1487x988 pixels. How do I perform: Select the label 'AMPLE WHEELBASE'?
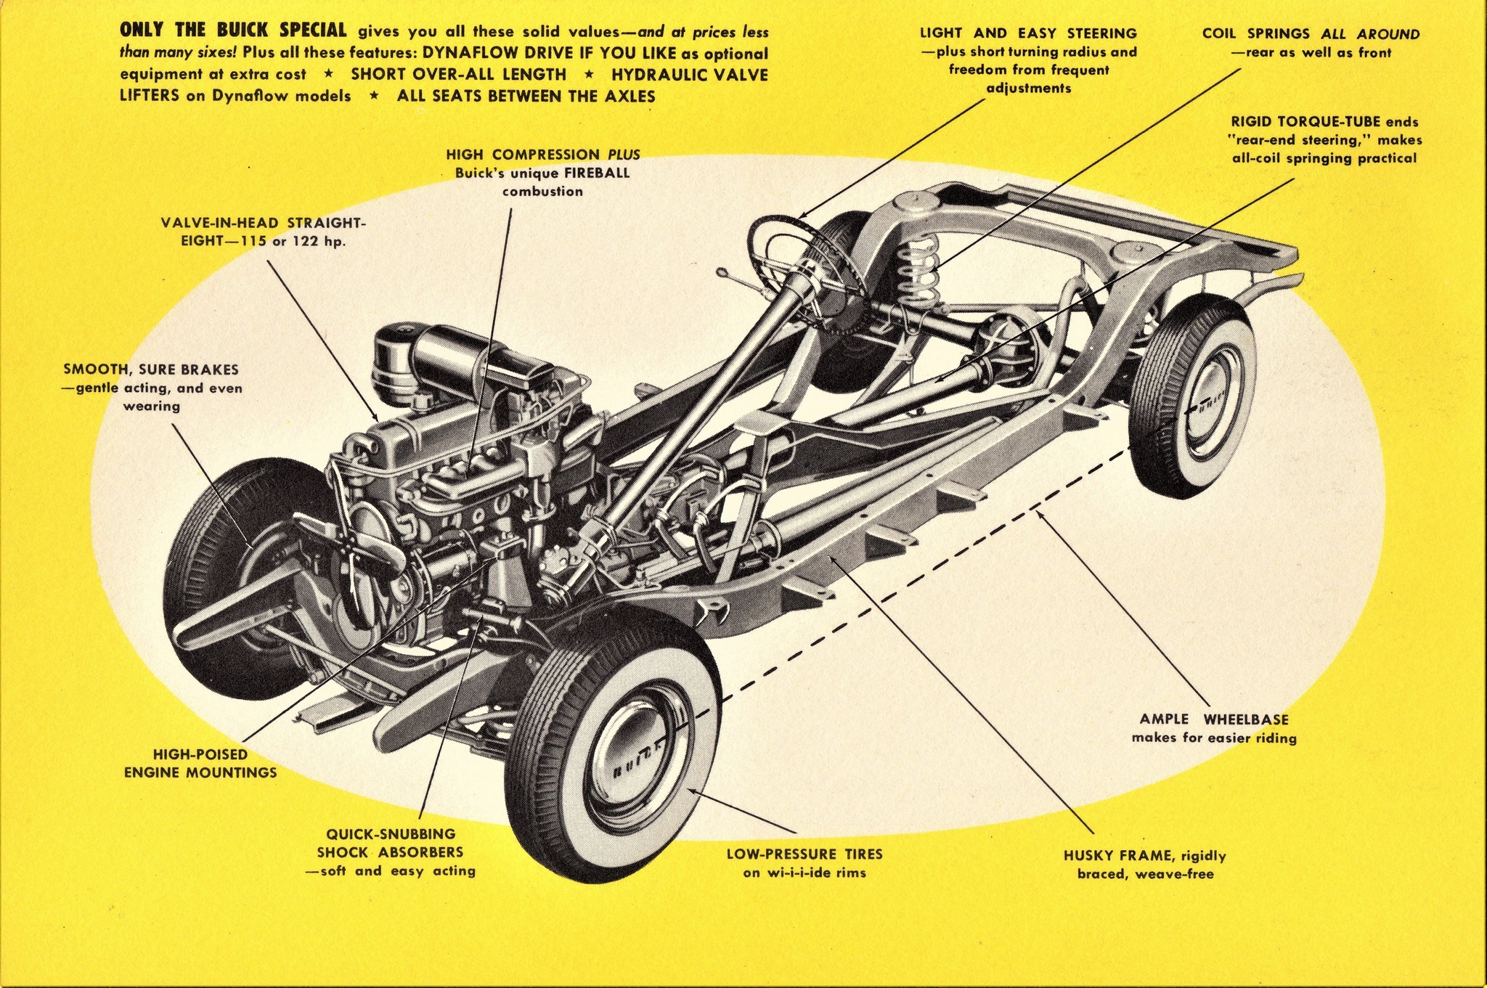coord(1213,719)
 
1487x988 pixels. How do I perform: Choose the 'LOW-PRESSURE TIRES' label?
coord(804,854)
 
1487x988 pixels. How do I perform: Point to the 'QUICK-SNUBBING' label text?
coord(391,834)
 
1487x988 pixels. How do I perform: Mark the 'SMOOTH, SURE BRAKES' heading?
coord(151,370)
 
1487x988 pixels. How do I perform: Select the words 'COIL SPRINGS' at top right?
coord(1255,33)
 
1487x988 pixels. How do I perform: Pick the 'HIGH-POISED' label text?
coord(200,754)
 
